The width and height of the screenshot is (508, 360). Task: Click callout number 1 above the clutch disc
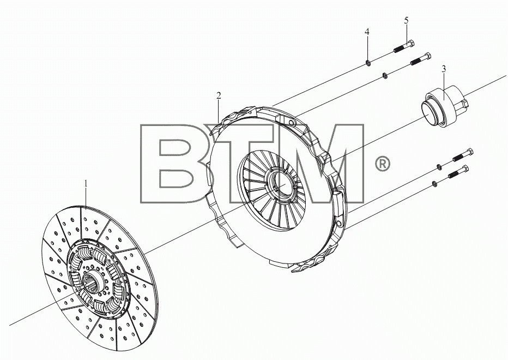86,184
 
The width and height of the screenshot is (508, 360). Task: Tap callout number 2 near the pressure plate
219,95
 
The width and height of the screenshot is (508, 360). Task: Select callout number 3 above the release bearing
444,69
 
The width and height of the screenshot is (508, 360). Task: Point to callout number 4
367,32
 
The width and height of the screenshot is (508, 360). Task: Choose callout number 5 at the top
406,20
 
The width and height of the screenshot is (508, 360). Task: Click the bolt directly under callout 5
404,46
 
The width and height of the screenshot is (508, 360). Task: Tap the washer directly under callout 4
368,62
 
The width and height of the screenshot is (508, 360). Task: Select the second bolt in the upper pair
421,59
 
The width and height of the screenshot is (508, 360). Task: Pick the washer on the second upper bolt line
385,76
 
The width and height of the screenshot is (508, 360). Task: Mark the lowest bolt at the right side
458,172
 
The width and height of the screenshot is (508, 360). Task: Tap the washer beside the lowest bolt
435,184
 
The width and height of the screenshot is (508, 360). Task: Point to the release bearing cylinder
445,105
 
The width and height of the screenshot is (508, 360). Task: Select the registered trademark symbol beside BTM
382,164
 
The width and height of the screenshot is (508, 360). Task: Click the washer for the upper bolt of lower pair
439,167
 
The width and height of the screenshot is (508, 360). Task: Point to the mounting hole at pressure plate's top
291,123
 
